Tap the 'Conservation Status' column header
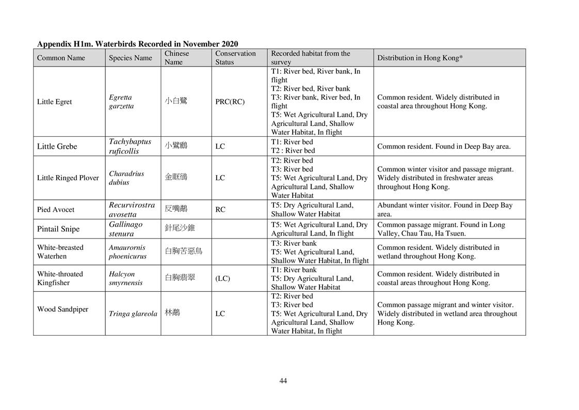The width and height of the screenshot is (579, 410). pyautogui.click(x=235, y=57)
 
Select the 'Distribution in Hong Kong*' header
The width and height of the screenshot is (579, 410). pyautogui.click(x=420, y=58)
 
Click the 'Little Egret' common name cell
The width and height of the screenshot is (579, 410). pyautogui.click(x=54, y=102)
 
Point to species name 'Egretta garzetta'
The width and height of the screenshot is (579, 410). pyautogui.click(x=121, y=102)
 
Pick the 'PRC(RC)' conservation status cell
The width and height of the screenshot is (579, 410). pyautogui.click(x=230, y=102)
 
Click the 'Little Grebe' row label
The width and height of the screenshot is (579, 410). pyautogui.click(x=57, y=146)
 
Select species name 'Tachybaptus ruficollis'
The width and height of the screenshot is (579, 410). pyautogui.click(x=130, y=146)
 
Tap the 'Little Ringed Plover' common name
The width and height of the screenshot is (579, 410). pyautogui.click(x=68, y=178)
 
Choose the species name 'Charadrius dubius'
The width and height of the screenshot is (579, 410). pyautogui.click(x=126, y=178)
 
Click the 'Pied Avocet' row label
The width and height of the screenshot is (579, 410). pyautogui.click(x=55, y=210)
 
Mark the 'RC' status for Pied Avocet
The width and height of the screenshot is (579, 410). pyautogui.click(x=220, y=210)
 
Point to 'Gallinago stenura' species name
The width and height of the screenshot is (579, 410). pyautogui.click(x=125, y=229)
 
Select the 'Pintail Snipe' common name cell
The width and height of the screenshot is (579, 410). pyautogui.click(x=58, y=229)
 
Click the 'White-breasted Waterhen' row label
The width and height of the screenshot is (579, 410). pyautogui.click(x=60, y=252)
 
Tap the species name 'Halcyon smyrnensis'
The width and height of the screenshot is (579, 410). pyautogui.click(x=125, y=278)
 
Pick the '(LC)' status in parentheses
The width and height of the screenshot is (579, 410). pyautogui.click(x=222, y=278)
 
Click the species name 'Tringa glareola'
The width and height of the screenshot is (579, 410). pyautogui.click(x=133, y=313)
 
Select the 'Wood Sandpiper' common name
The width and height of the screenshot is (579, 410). pyautogui.click(x=62, y=309)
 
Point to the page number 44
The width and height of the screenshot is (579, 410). pyautogui.click(x=283, y=381)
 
